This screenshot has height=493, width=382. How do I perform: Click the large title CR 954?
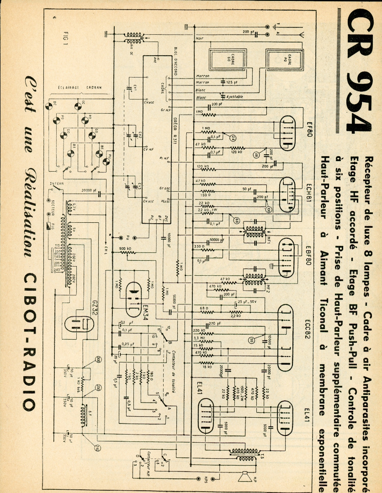coord(359,74)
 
